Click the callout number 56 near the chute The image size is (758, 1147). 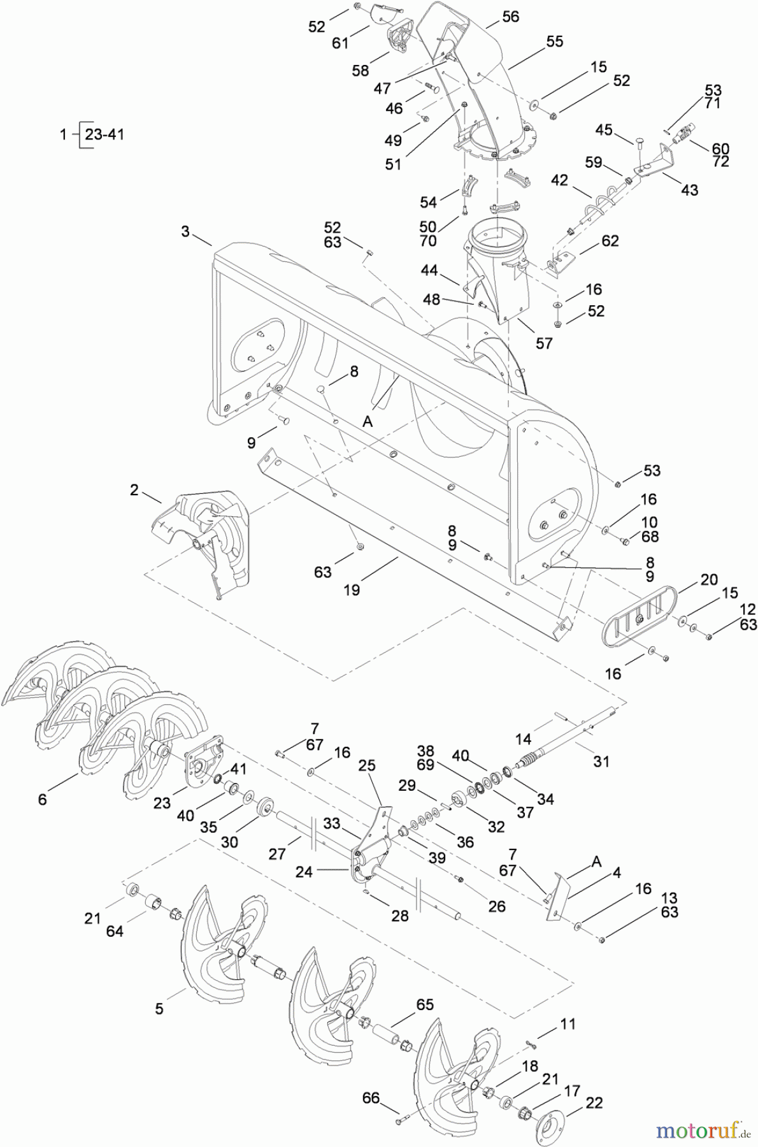510,17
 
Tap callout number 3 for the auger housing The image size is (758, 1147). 185,231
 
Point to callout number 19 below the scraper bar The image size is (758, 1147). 352,590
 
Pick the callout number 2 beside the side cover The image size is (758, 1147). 134,490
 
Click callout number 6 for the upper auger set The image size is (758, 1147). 42,798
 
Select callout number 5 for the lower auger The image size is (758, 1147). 159,1008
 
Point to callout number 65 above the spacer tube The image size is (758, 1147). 424,1004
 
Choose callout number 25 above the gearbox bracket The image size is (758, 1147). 368,765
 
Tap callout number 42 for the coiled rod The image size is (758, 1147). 559,180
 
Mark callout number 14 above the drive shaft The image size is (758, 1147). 523,739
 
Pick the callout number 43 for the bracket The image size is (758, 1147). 689,190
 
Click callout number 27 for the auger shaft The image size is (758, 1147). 277,854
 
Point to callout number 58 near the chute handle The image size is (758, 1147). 361,71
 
